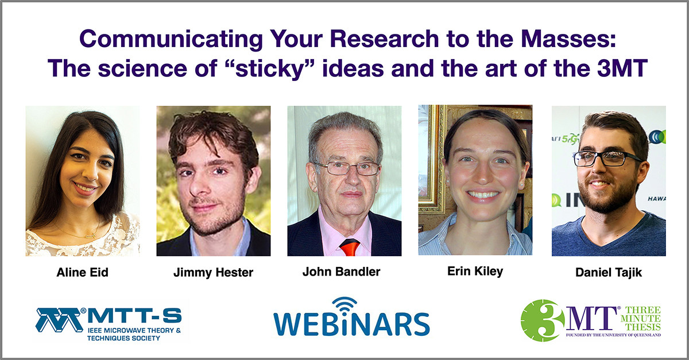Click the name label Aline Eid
[x=83, y=272]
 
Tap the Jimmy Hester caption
[x=213, y=272]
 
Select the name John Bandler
[x=342, y=272]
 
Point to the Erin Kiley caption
[x=475, y=271]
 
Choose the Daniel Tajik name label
[x=609, y=272]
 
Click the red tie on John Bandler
[x=350, y=247]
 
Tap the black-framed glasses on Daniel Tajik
[x=606, y=158]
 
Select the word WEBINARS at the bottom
[x=351, y=324]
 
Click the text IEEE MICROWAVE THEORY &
[x=134, y=331]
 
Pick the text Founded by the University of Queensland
[x=613, y=335]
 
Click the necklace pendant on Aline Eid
[x=91, y=236]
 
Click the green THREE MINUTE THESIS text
[x=641, y=319]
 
